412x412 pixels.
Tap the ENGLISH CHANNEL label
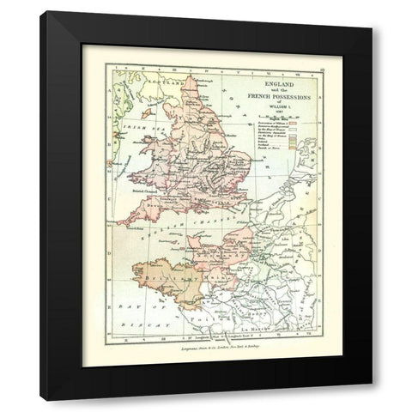189,232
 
